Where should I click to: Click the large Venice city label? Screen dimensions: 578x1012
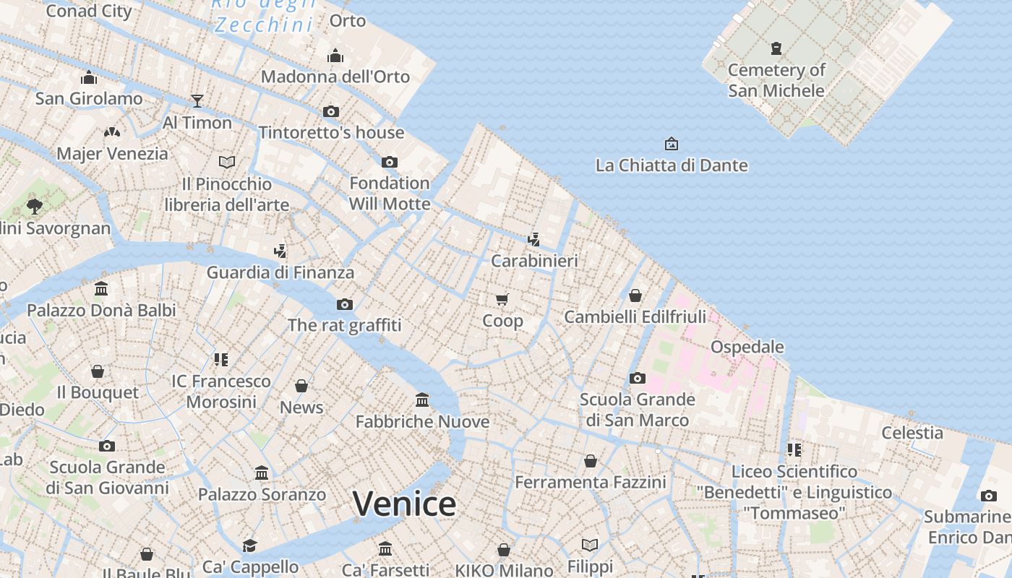404,504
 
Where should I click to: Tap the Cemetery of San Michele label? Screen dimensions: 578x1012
776,80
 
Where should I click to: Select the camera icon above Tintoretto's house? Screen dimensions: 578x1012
331,111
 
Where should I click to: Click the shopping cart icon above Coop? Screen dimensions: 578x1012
502,299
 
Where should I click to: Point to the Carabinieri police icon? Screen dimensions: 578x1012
533,240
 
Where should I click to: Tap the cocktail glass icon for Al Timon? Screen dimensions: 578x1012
197,101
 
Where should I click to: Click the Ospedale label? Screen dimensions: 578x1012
747,347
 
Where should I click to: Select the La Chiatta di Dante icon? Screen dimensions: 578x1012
671,144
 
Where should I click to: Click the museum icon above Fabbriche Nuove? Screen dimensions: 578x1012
422,400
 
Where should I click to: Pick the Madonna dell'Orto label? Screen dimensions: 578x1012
335,77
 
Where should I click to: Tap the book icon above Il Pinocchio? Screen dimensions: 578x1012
227,162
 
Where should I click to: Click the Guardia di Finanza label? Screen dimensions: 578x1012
280,272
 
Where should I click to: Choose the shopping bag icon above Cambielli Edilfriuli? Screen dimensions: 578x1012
635,296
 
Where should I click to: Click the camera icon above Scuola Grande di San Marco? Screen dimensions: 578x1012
637,378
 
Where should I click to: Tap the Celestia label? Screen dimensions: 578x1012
912,433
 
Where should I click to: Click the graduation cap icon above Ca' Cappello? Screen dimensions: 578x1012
249,545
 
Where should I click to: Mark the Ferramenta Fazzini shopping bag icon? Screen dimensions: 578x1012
591,461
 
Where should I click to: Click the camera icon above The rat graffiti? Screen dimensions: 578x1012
345,304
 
